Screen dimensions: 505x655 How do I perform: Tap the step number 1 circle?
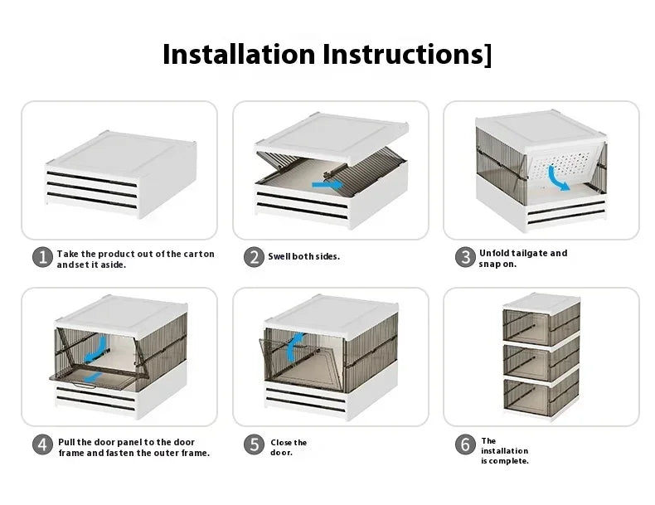coord(43,257)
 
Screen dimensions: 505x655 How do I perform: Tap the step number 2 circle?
coord(254,257)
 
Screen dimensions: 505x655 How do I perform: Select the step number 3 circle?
coord(465,257)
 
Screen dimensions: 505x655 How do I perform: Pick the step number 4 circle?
coord(43,444)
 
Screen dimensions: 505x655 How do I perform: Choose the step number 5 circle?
coord(254,444)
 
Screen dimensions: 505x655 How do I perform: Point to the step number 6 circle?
coord(465,444)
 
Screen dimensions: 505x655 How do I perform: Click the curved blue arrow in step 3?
coord(559,178)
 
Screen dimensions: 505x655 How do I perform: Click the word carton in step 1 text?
coord(200,254)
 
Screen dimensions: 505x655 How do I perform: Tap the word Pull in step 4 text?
coord(66,442)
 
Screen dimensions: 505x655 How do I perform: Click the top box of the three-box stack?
coord(541,319)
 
